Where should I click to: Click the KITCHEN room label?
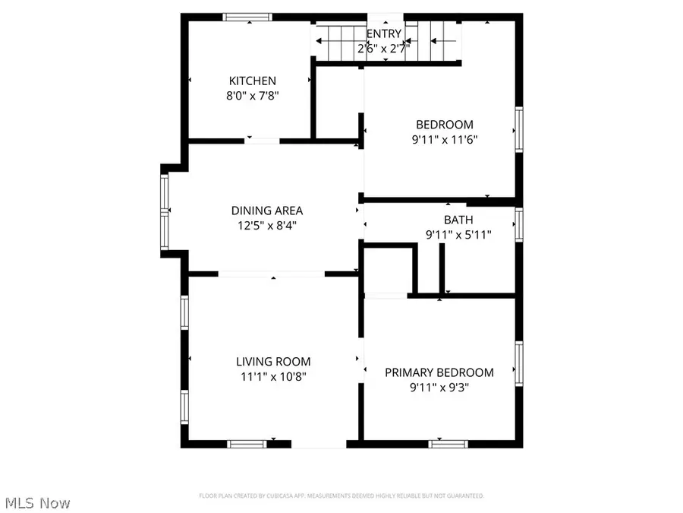pos(253,81)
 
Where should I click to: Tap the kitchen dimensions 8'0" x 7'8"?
pos(253,97)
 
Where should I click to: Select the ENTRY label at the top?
pos(384,33)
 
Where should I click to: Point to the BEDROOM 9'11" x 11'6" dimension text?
pos(444,140)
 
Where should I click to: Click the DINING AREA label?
pos(267,211)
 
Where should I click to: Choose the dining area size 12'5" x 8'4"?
pos(267,226)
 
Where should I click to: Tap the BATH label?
pos(458,220)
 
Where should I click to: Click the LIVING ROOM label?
pos(272,362)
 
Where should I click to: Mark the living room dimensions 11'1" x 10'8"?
pos(272,376)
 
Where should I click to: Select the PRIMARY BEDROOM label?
pos(439,372)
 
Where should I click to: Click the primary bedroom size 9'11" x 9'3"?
pos(439,387)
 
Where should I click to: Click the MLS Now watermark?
pos(38,502)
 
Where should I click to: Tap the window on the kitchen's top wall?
pos(247,17)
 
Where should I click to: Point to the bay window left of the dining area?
pos(164,212)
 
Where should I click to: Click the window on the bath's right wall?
pos(519,224)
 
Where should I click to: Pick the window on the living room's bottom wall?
pos(246,443)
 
